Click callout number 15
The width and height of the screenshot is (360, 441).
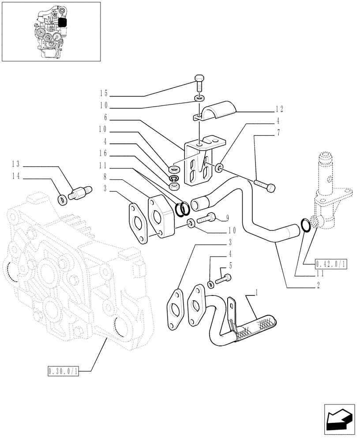point(103,93)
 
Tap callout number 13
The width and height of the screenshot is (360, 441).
point(16,164)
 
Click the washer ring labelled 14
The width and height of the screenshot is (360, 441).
point(63,200)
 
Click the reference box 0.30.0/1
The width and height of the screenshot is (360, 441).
point(63,372)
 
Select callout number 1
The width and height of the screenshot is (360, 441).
point(256,292)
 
